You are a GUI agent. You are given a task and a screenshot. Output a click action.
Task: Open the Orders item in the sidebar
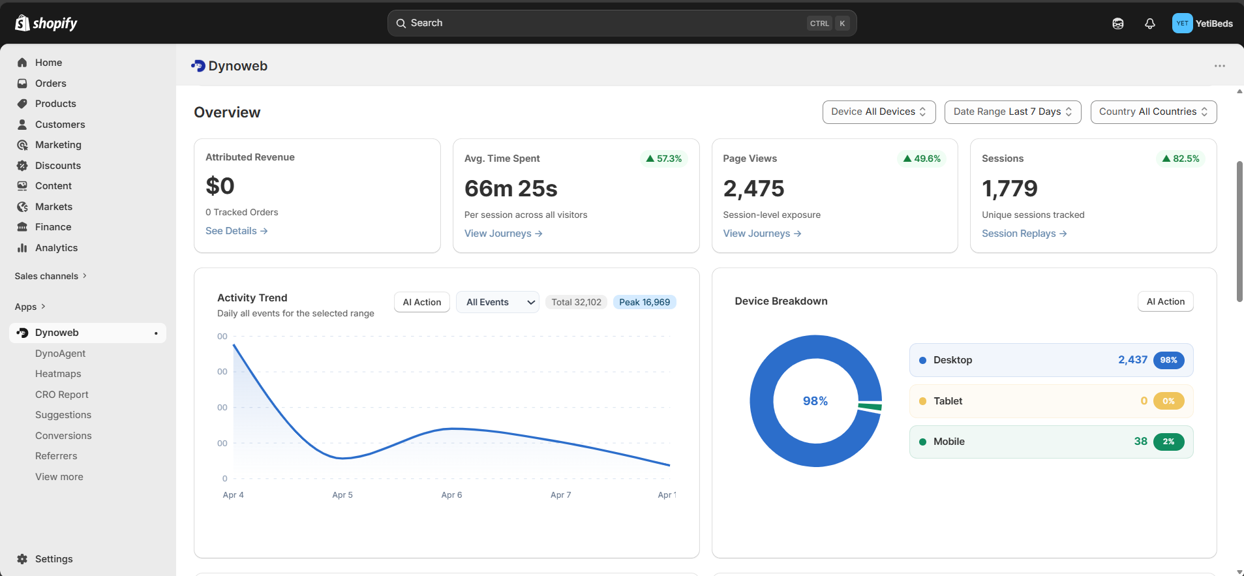[x=50, y=83]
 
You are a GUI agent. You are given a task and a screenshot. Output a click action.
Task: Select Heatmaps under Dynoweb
[x=58, y=374]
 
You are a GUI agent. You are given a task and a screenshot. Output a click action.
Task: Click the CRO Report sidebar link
[x=61, y=395]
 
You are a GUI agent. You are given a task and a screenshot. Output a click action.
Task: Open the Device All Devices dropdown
[x=878, y=112]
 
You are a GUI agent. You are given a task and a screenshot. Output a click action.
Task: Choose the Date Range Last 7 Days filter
[x=1012, y=112]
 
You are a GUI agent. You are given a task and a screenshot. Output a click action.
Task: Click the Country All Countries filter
[x=1153, y=112]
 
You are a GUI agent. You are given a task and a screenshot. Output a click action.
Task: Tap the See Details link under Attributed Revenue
[x=236, y=231]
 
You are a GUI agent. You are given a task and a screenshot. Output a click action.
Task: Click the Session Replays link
[x=1024, y=234]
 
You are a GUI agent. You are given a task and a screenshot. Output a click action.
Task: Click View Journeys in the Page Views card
[x=761, y=234]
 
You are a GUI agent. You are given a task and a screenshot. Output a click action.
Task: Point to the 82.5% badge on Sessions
[x=1180, y=159]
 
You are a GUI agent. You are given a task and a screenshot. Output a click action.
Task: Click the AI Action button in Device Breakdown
[x=1165, y=301]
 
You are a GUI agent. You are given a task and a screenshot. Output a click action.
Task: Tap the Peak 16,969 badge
[x=644, y=302]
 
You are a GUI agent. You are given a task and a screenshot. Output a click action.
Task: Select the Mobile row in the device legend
[x=1050, y=442]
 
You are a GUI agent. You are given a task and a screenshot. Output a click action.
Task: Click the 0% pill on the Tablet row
[x=1168, y=401]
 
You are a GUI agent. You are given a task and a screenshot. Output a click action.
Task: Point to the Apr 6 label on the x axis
[x=451, y=495]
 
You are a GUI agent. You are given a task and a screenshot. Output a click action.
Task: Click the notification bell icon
[x=1149, y=23]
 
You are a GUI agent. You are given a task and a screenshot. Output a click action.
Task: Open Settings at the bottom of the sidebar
[x=53, y=559]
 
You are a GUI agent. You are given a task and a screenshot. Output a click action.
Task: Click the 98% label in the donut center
[x=815, y=401]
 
